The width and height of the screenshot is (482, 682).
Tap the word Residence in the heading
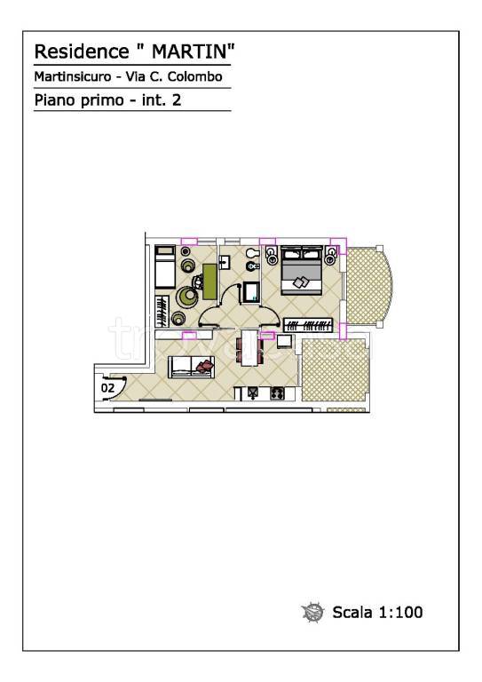[82, 52]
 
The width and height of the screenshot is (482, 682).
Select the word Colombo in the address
[195, 76]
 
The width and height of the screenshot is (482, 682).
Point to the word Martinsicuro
[73, 76]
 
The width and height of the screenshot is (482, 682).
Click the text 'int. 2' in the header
[162, 100]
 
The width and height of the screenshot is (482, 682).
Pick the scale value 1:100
[400, 612]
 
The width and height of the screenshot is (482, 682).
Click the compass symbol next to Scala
[312, 612]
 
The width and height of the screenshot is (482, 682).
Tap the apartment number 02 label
[107, 387]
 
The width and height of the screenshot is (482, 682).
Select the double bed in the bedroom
[302, 270]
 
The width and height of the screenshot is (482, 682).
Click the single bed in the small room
[165, 267]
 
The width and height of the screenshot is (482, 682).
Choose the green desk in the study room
[209, 282]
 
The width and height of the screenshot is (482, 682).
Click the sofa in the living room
[191, 367]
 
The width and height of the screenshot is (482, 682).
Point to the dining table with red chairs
[249, 348]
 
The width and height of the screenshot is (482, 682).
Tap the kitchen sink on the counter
[253, 393]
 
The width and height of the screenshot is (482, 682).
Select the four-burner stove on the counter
[277, 393]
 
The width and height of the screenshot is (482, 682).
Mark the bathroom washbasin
[225, 263]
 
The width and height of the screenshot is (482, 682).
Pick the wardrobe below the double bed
[308, 325]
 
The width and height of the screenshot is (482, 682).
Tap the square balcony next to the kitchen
[335, 370]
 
